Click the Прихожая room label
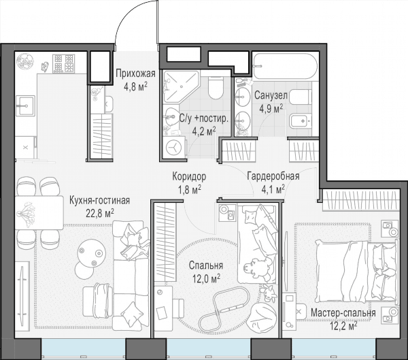135,73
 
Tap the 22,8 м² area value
100,213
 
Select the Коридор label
189,176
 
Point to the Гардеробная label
273,176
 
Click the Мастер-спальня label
343,312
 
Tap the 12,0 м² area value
206,279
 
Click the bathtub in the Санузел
285,66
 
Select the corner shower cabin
181,86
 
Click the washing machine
174,148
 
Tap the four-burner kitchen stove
64,63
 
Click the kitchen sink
25,105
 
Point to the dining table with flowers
39,213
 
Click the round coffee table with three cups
91,253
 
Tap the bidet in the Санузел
301,121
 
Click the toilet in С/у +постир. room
216,88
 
